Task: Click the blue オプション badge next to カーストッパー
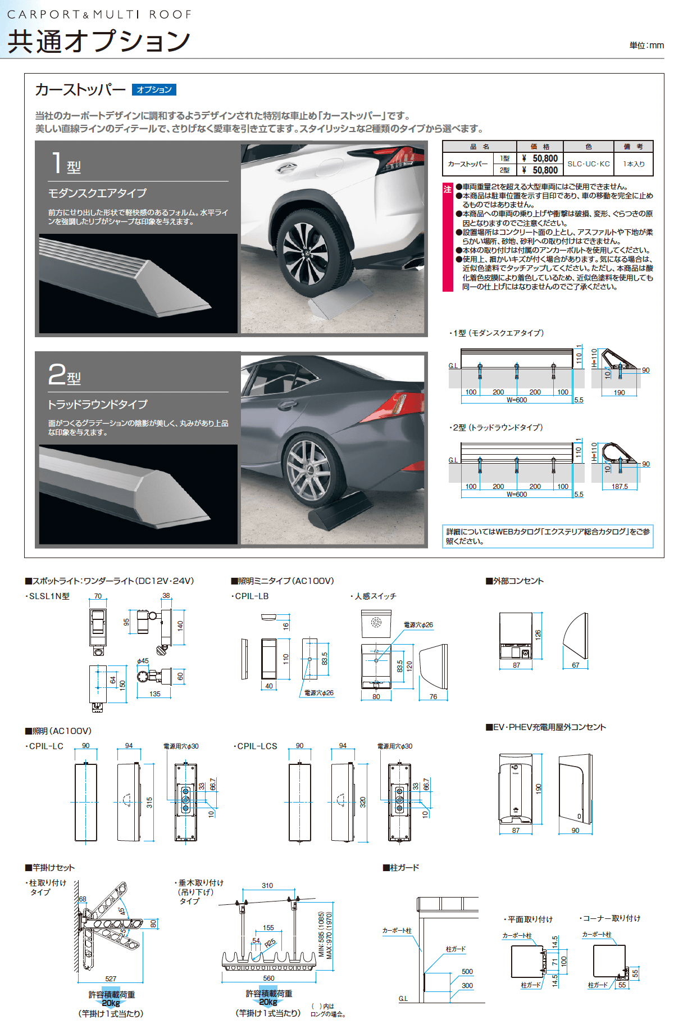pos(154,89)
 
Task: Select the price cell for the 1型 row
pos(539,158)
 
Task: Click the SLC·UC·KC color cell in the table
pos(588,164)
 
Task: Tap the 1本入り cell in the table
pos(634,164)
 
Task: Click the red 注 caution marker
pos(448,189)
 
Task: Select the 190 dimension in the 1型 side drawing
pos(619,392)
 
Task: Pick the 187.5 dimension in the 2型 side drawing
pos(619,487)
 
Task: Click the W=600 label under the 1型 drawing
pos(516,400)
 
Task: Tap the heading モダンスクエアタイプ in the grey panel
pos(97,193)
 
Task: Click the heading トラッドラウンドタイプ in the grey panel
pos(98,405)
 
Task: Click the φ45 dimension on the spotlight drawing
pos(143,661)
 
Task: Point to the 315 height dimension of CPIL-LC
pos(149,803)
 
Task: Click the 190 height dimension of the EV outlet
pos(538,788)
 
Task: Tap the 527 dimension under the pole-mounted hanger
pos(111,978)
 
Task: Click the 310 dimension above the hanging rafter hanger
pos(267,885)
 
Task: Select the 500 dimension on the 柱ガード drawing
pos(467,971)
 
